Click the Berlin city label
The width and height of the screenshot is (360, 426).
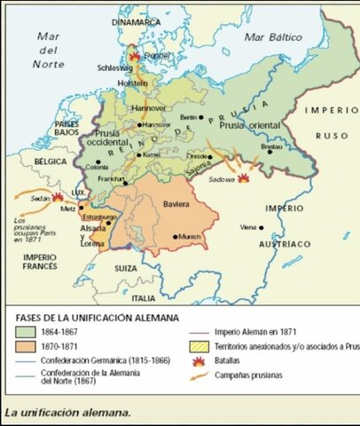187,117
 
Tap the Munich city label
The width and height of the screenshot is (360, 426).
190,236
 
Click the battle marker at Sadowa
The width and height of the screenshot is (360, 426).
242,177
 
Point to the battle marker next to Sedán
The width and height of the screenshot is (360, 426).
58,198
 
